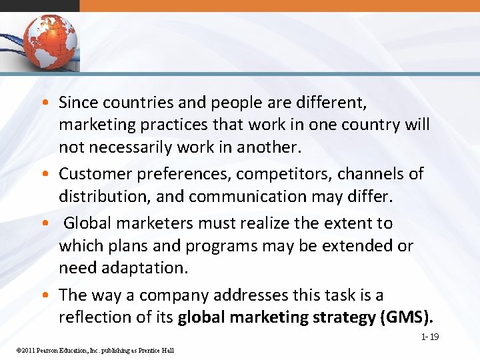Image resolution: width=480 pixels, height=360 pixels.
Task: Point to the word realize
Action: (259, 223)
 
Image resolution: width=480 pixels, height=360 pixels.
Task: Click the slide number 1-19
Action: (429, 337)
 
